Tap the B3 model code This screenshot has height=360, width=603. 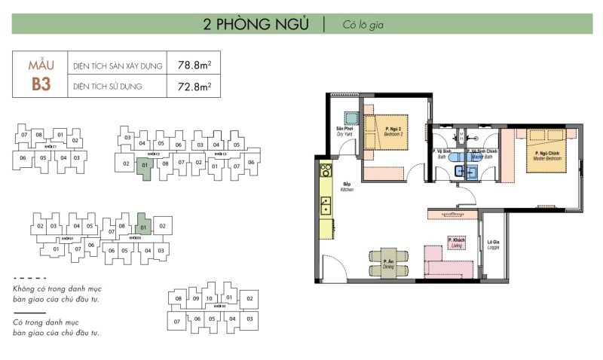click(41, 84)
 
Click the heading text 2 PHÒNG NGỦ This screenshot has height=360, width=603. click(256, 23)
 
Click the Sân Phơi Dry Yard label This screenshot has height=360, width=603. click(345, 140)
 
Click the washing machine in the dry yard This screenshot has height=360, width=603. click(351, 118)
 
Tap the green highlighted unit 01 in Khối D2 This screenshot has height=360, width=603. click(143, 226)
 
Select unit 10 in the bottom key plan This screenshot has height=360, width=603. click(210, 299)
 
